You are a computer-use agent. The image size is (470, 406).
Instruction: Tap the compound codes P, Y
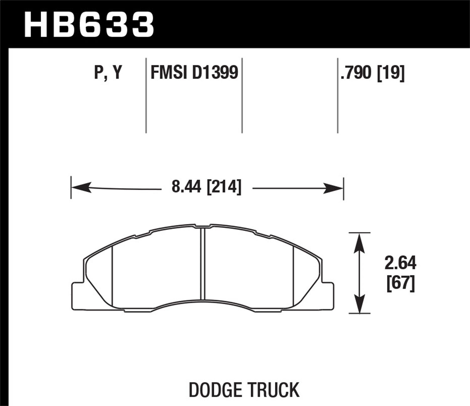108,73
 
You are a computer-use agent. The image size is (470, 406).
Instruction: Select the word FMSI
169,73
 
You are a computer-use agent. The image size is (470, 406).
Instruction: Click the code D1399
215,73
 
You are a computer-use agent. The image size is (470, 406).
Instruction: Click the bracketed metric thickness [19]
391,73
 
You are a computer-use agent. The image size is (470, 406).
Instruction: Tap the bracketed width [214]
224,187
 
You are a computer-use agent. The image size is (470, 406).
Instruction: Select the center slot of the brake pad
202,263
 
